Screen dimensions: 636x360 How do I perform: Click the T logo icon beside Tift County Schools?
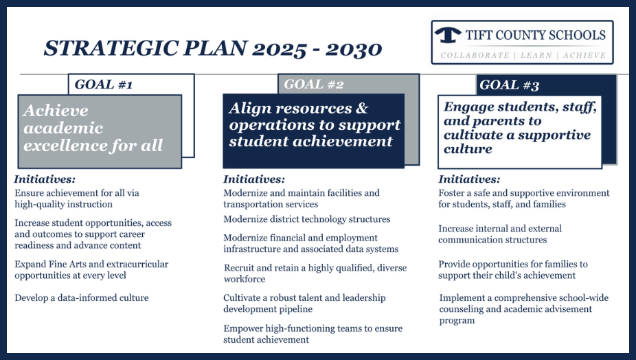448,35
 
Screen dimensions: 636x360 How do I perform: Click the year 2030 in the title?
353,49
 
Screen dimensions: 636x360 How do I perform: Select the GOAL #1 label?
104,85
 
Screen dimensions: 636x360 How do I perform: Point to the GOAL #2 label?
314,85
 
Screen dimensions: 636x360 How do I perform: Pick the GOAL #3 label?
509,85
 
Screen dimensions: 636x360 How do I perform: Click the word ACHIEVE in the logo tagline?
584,55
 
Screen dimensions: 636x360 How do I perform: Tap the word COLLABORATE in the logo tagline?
475,55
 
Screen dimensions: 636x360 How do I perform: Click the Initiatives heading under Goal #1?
45,179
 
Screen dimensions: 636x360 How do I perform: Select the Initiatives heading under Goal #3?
469,179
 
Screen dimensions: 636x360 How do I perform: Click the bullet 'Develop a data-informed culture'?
82,298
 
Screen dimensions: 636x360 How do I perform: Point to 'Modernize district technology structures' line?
306,219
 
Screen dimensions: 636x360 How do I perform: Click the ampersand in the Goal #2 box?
362,108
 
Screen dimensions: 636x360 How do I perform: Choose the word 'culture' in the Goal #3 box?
468,149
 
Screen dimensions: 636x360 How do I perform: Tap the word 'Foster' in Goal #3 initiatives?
451,193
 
